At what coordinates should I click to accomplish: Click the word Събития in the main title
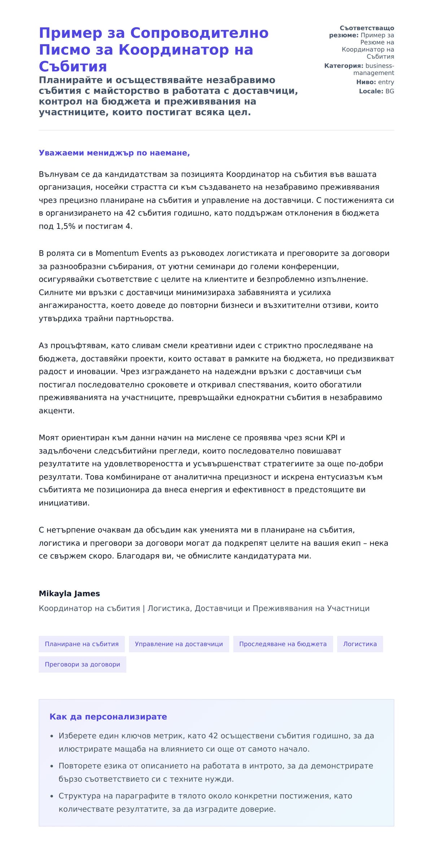tap(73, 66)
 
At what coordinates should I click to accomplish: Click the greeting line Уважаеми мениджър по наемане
tap(114, 153)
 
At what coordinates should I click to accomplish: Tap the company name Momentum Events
tap(131, 253)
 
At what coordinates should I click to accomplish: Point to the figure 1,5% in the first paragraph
tap(66, 226)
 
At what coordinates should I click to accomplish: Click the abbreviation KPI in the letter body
tap(332, 438)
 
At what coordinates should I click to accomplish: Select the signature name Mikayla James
tap(69, 594)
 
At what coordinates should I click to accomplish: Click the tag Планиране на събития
tap(82, 644)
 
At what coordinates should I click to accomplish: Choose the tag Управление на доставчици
tap(179, 644)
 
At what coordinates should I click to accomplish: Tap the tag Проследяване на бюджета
tap(283, 644)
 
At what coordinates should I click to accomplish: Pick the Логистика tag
tap(360, 644)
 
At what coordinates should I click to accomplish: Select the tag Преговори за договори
tap(82, 664)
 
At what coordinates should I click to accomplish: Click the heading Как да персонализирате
tap(108, 717)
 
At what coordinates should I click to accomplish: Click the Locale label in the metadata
tap(371, 91)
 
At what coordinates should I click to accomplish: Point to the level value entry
tap(386, 82)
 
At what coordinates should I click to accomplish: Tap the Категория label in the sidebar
tap(344, 66)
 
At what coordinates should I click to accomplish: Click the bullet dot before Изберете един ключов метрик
tap(52, 736)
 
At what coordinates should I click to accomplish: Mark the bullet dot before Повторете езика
tap(52, 766)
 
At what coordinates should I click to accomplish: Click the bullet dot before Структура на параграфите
tap(52, 796)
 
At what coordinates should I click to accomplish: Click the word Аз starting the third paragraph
tap(43, 346)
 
